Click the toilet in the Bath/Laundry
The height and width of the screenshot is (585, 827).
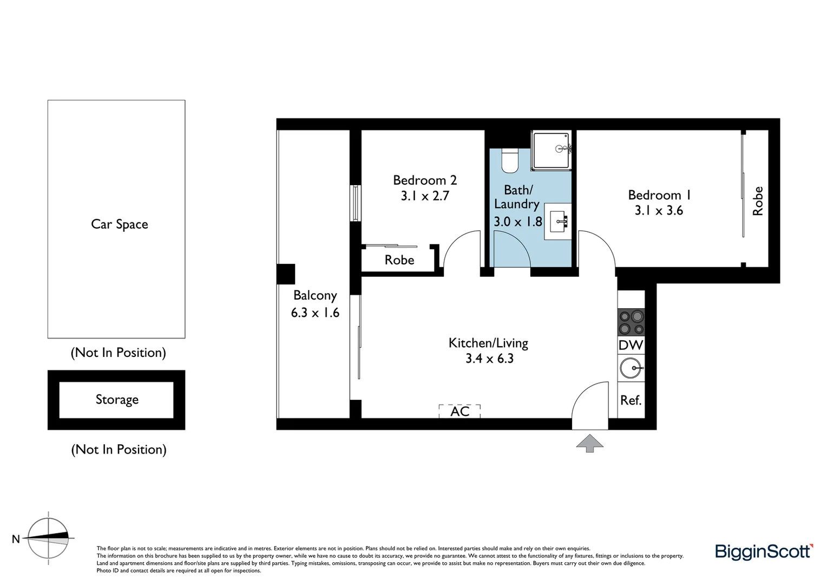(x=510, y=160)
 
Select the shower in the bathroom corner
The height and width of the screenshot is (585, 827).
(x=552, y=150)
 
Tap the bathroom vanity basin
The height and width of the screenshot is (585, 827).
(x=558, y=221)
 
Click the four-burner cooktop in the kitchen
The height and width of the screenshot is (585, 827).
(x=631, y=322)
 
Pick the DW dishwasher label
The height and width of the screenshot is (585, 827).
(x=631, y=345)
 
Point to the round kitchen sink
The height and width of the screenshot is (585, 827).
(x=631, y=369)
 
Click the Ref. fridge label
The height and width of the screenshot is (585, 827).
(x=631, y=400)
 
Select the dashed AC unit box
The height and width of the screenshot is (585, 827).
(x=460, y=411)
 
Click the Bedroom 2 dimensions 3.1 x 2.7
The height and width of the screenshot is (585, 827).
(x=425, y=196)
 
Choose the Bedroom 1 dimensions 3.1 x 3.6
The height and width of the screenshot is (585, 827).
(x=659, y=211)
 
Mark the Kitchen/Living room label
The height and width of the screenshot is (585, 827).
(x=488, y=343)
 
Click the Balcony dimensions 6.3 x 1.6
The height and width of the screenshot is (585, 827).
(x=315, y=313)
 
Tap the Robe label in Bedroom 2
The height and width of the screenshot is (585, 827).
(x=399, y=260)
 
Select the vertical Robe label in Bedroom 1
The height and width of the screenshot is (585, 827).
(x=758, y=201)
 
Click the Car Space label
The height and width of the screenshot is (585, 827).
(x=119, y=224)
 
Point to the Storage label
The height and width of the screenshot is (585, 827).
(x=117, y=400)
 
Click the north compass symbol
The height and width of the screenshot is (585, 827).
(x=49, y=538)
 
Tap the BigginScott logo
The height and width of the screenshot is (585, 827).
(x=764, y=551)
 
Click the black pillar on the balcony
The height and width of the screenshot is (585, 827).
(x=286, y=274)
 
